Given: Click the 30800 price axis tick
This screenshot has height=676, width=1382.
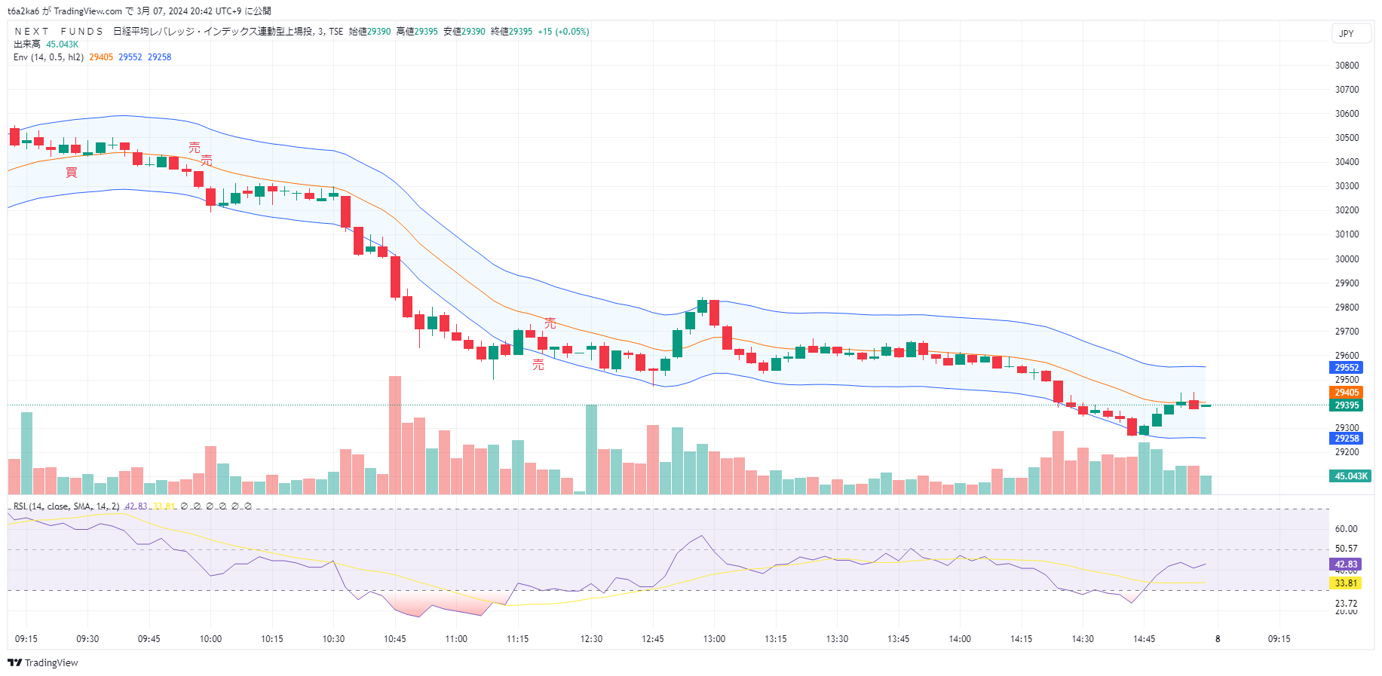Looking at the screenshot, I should [1347, 66].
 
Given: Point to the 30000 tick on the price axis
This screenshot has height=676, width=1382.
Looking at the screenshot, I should [1347, 259].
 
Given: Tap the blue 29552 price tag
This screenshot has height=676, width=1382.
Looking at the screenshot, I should [1347, 368].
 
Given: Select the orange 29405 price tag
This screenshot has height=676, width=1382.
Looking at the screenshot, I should [1347, 393].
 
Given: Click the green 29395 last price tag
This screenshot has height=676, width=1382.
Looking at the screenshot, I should [1347, 405].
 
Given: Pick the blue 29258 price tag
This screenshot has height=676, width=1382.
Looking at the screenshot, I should [1347, 439].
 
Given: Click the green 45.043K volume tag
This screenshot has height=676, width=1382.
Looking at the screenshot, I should [1350, 476].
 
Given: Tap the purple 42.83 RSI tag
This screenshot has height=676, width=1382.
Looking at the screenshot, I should [1346, 564].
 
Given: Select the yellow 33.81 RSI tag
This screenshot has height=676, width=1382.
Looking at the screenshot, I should [1346, 583].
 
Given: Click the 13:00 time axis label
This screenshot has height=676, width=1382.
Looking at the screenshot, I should [714, 639].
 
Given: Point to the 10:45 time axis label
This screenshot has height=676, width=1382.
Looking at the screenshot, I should [395, 639].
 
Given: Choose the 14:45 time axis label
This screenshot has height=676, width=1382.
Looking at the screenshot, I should [1144, 639].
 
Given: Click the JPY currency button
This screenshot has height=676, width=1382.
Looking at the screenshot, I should [1347, 34].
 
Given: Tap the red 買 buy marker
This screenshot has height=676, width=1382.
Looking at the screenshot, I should [72, 173].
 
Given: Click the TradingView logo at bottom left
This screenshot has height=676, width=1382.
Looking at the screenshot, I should [43, 663].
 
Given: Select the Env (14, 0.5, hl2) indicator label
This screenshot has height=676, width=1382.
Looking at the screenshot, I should [48, 57].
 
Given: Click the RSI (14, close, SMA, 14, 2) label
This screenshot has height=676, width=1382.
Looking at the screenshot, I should [66, 506].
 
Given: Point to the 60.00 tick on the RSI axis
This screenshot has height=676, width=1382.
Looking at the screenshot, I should [1346, 529].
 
